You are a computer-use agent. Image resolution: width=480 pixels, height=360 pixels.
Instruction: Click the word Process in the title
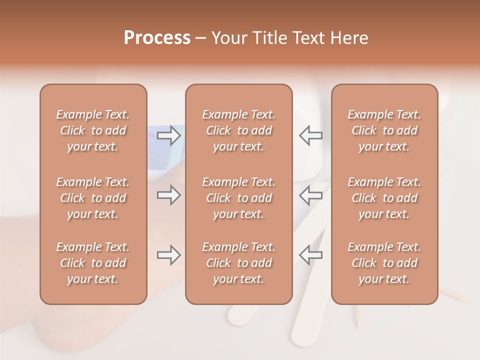(x=157, y=38)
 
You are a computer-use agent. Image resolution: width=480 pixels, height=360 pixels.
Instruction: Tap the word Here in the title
(x=349, y=38)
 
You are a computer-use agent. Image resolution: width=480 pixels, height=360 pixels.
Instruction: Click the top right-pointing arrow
(x=169, y=135)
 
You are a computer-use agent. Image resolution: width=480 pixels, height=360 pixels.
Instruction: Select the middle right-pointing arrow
(x=169, y=195)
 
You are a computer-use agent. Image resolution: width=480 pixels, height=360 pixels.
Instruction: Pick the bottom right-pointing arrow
(x=169, y=255)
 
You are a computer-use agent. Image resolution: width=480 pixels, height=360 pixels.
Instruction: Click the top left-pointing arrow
(x=310, y=135)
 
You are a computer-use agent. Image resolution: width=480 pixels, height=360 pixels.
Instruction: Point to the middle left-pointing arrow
(x=310, y=195)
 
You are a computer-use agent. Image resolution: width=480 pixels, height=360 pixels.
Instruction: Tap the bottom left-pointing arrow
(x=310, y=255)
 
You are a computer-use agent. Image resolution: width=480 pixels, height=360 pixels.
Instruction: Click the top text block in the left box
(x=93, y=130)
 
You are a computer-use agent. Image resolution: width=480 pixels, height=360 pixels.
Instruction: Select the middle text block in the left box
(x=93, y=198)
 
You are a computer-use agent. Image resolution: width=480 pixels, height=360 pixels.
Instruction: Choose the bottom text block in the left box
(x=93, y=263)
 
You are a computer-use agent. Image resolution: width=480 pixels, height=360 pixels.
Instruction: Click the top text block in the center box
(x=239, y=130)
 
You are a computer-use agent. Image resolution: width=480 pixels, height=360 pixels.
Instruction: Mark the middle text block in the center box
(x=239, y=198)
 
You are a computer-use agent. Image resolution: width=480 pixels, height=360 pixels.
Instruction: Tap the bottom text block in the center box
(x=239, y=263)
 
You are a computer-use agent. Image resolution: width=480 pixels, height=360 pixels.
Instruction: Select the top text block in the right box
(x=384, y=130)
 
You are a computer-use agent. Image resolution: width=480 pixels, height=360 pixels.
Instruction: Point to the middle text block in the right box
(x=384, y=198)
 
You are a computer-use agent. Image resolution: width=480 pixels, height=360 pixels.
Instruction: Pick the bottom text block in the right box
(x=384, y=263)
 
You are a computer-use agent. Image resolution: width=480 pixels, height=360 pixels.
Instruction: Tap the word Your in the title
(x=229, y=38)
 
